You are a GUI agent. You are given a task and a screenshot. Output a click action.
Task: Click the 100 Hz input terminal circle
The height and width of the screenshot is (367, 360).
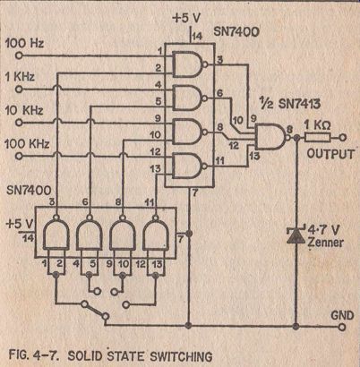[19, 55]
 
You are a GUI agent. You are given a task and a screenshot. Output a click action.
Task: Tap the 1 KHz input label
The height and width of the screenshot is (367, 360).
[20, 77]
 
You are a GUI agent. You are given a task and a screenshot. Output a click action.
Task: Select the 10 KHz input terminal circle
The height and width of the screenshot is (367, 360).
[19, 123]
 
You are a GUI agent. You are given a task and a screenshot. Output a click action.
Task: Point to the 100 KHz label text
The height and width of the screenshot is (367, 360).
[27, 144]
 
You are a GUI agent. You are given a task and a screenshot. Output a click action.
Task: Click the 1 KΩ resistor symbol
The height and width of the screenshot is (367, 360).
[317, 138]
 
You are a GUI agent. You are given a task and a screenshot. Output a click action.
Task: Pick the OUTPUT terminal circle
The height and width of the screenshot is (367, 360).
[343, 138]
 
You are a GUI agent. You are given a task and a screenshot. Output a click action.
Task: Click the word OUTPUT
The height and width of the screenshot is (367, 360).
[330, 154]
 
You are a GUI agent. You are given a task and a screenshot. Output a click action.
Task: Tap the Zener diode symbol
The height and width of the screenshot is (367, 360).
[296, 235]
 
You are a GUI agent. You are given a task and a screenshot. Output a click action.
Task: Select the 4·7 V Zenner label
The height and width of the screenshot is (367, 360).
[325, 236]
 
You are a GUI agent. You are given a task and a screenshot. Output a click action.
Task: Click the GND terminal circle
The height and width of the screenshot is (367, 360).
[342, 326]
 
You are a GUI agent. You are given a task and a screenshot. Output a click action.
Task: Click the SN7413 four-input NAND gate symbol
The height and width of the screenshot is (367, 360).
[271, 137]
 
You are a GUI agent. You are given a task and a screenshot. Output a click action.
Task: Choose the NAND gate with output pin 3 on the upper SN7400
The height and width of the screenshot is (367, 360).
[189, 64]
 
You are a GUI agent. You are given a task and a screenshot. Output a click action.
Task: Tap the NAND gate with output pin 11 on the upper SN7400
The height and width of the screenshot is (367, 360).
[189, 166]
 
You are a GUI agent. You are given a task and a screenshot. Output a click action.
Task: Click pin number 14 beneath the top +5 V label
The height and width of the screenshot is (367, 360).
[197, 37]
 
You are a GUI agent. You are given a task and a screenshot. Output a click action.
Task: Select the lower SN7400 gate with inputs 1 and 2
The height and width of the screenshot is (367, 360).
[56, 233]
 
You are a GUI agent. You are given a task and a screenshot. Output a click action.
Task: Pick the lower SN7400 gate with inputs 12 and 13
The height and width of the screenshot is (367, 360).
[155, 233]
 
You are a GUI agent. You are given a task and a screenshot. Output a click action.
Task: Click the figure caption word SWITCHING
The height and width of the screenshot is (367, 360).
[181, 356]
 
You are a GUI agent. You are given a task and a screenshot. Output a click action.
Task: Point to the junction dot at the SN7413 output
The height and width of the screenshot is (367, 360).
[296, 138]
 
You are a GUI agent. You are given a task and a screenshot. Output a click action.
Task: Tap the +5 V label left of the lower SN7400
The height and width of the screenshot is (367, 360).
[20, 225]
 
